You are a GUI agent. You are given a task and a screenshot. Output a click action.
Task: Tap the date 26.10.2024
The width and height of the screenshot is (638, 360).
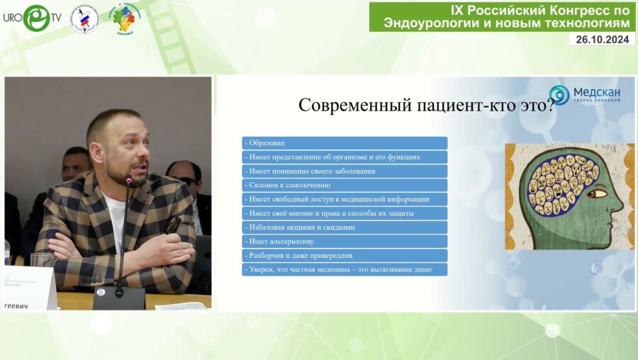coord(602,40)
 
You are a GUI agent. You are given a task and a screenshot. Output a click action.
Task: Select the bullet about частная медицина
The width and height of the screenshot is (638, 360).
coord(345,269)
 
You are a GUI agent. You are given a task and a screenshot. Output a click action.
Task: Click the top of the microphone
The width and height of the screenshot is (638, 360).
coord(129,181)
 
